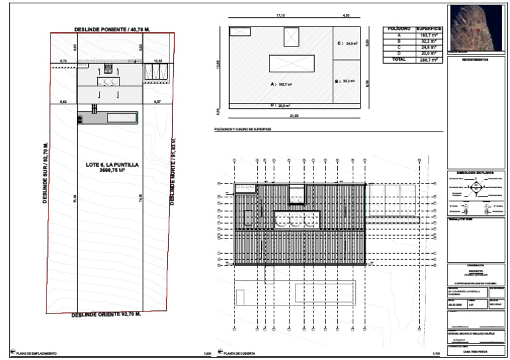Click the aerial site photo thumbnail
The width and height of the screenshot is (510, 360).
(475, 28)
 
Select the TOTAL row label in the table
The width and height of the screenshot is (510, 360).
(399, 59)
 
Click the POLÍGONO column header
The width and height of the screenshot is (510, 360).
(399, 29)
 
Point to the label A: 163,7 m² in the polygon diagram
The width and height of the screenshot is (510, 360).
(282, 84)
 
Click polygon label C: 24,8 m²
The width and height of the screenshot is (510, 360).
(346, 44)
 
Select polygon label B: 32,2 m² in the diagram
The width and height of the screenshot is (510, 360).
(346, 81)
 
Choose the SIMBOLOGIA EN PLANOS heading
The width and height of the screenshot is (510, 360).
(475, 173)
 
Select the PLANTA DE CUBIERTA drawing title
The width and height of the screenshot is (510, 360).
(240, 353)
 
